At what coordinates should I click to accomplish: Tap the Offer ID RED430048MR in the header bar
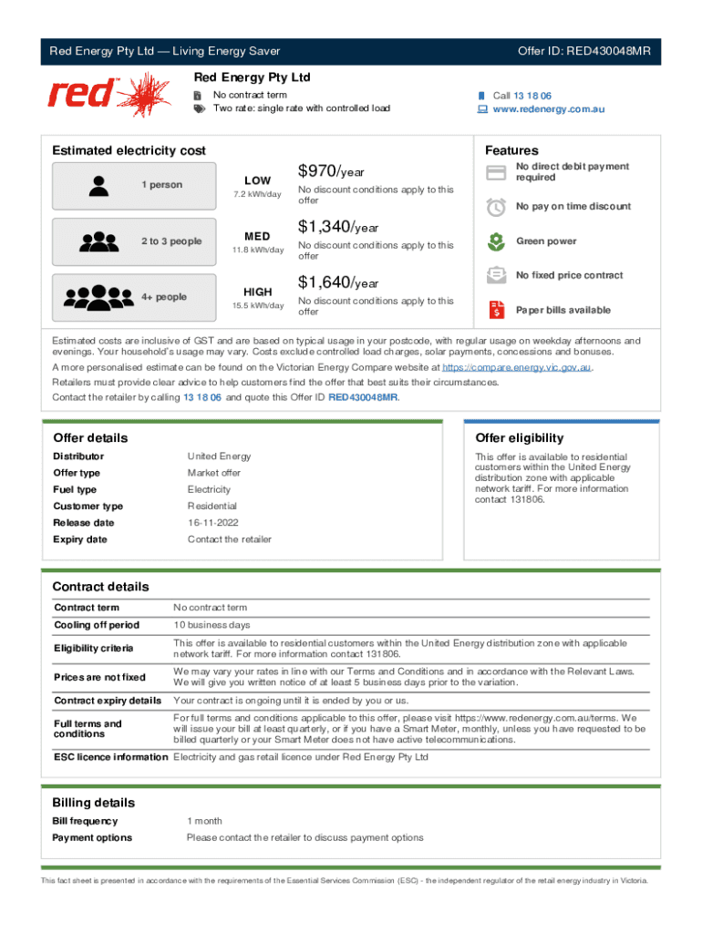pyautogui.click(x=583, y=51)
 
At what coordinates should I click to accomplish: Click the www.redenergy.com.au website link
pyautogui.click(x=548, y=109)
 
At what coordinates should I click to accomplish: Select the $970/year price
pyautogui.click(x=331, y=171)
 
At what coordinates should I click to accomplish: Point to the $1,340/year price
pyautogui.click(x=337, y=227)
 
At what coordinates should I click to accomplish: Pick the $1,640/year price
pyautogui.click(x=337, y=282)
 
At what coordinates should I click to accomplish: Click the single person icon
pyautogui.click(x=100, y=185)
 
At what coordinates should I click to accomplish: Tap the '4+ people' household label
pyautogui.click(x=164, y=297)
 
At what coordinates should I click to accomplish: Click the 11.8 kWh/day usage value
pyautogui.click(x=257, y=250)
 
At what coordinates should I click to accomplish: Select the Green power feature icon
pyautogui.click(x=496, y=241)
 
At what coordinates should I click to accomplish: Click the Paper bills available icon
pyautogui.click(x=496, y=310)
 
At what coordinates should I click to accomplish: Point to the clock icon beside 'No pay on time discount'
pyautogui.click(x=496, y=207)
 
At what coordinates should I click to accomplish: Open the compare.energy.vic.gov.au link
pyautogui.click(x=517, y=367)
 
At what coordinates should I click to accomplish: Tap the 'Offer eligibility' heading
pyautogui.click(x=520, y=438)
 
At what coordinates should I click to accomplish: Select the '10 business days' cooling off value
pyautogui.click(x=211, y=625)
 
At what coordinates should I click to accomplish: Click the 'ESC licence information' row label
pyautogui.click(x=110, y=757)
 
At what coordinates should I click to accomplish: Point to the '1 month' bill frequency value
pyautogui.click(x=204, y=821)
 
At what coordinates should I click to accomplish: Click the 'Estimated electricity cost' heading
pyautogui.click(x=129, y=150)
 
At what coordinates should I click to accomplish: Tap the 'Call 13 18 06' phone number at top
pyautogui.click(x=521, y=96)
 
